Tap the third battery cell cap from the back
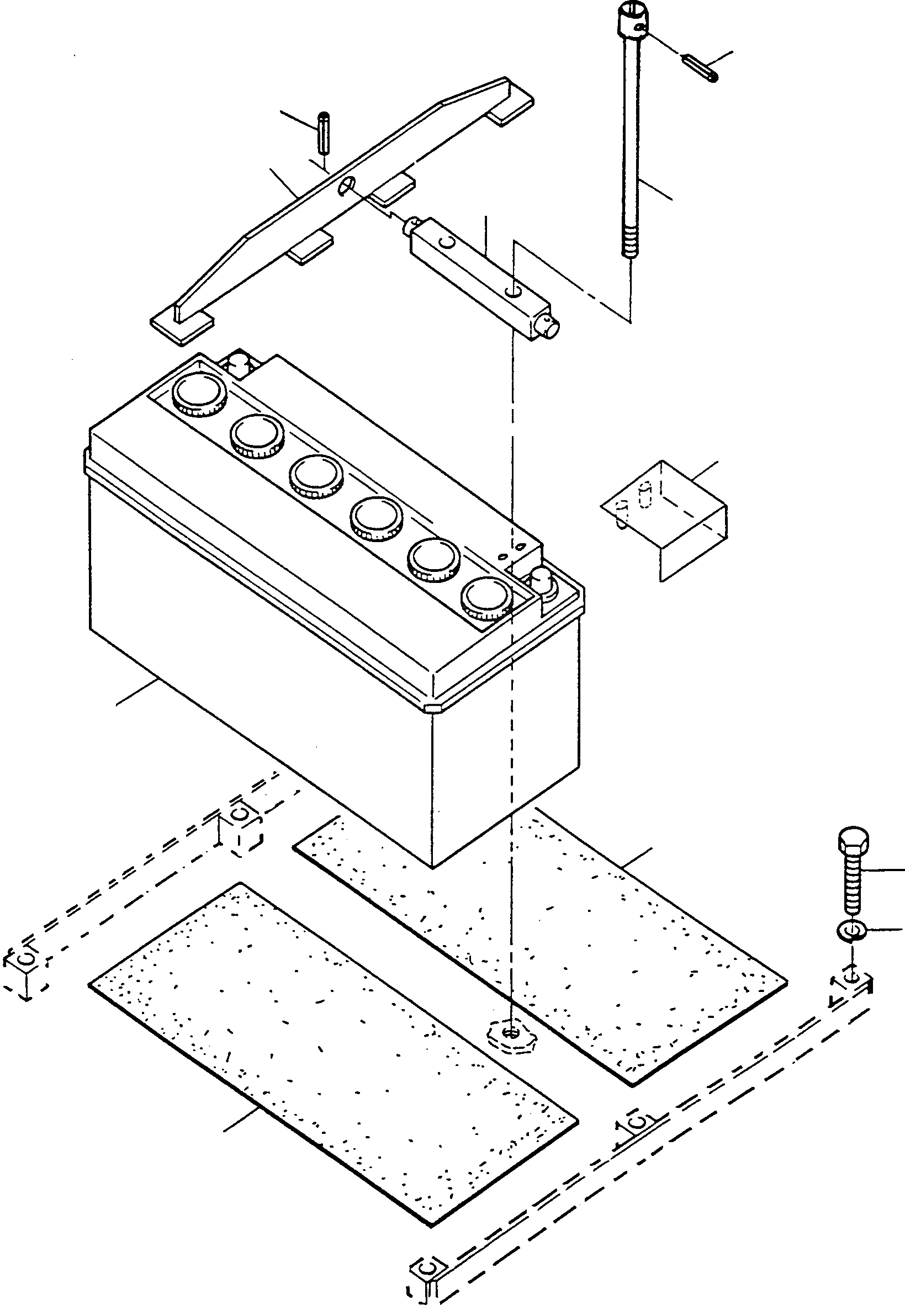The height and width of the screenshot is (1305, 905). point(316,475)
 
